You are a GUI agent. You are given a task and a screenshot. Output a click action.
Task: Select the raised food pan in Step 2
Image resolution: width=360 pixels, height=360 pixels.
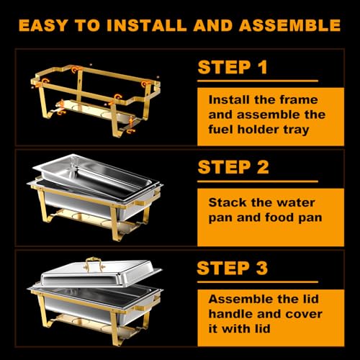point(90,169)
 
